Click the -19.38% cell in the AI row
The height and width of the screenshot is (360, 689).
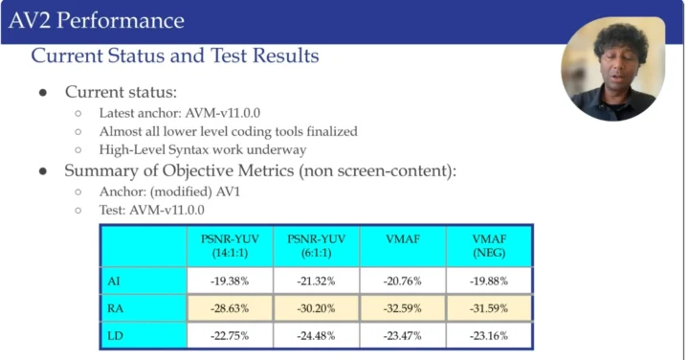pyautogui.click(x=230, y=281)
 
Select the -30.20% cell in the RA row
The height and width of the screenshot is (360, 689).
pyautogui.click(x=316, y=308)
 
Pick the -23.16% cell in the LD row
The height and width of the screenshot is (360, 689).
pyautogui.click(x=489, y=335)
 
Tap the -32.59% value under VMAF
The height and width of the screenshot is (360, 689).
pyautogui.click(x=403, y=308)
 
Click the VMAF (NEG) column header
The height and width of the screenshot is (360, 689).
pyautogui.click(x=489, y=245)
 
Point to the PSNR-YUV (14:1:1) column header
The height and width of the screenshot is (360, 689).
pyautogui.click(x=230, y=245)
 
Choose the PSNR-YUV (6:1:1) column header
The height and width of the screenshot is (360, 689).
pyautogui.click(x=316, y=245)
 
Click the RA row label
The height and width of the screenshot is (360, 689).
pyautogui.click(x=116, y=308)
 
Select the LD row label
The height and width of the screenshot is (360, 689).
pyautogui.click(x=116, y=335)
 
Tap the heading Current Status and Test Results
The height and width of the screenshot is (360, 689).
pyautogui.click(x=175, y=56)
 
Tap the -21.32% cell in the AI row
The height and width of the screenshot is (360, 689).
pyautogui.click(x=316, y=281)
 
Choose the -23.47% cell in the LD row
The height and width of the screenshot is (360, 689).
pyautogui.click(x=403, y=335)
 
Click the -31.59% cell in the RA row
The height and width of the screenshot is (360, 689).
pyautogui.click(x=489, y=308)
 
